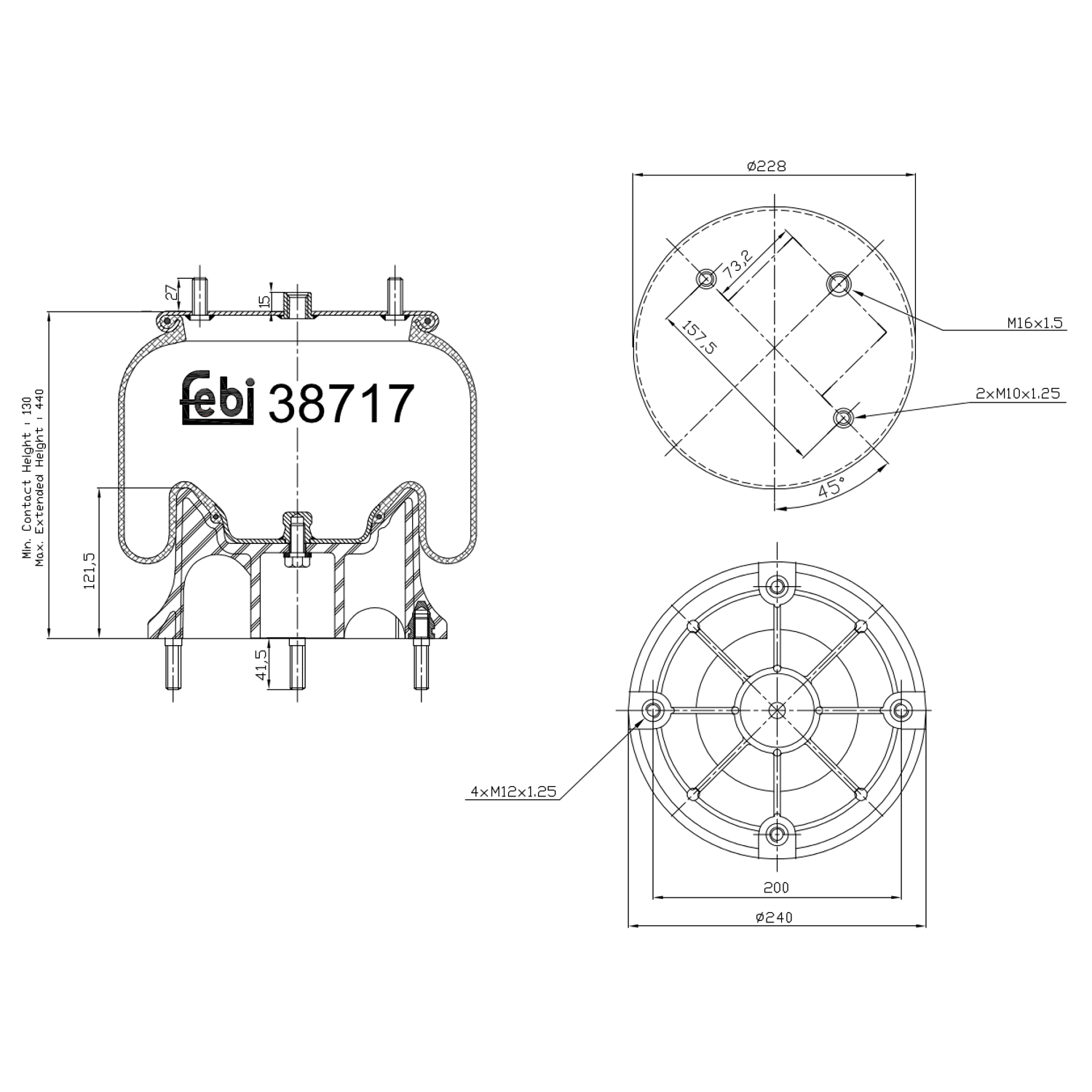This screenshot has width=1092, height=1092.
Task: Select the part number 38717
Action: pyautogui.click(x=341, y=404)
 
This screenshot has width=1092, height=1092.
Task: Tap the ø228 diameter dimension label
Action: pyautogui.click(x=766, y=166)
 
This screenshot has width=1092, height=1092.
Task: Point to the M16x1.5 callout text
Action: pyautogui.click(x=1035, y=323)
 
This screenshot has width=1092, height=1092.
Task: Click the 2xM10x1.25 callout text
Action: pyautogui.click(x=1018, y=394)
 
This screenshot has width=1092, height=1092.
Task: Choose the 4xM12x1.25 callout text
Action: pyautogui.click(x=513, y=792)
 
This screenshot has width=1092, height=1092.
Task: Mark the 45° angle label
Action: pyautogui.click(x=831, y=487)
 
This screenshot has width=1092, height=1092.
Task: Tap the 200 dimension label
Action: pyautogui.click(x=776, y=887)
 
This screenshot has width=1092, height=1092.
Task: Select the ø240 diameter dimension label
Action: pyautogui.click(x=774, y=917)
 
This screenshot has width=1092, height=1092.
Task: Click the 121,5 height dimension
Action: pyautogui.click(x=90, y=571)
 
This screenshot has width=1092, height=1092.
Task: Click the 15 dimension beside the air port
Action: pyautogui.click(x=265, y=299)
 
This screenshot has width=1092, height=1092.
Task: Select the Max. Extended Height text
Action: pyautogui.click(x=40, y=477)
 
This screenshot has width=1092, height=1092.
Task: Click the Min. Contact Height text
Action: pyautogui.click(x=27, y=477)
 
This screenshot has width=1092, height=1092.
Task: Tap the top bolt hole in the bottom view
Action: pyautogui.click(x=777, y=586)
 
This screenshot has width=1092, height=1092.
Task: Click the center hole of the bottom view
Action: pyautogui.click(x=777, y=710)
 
